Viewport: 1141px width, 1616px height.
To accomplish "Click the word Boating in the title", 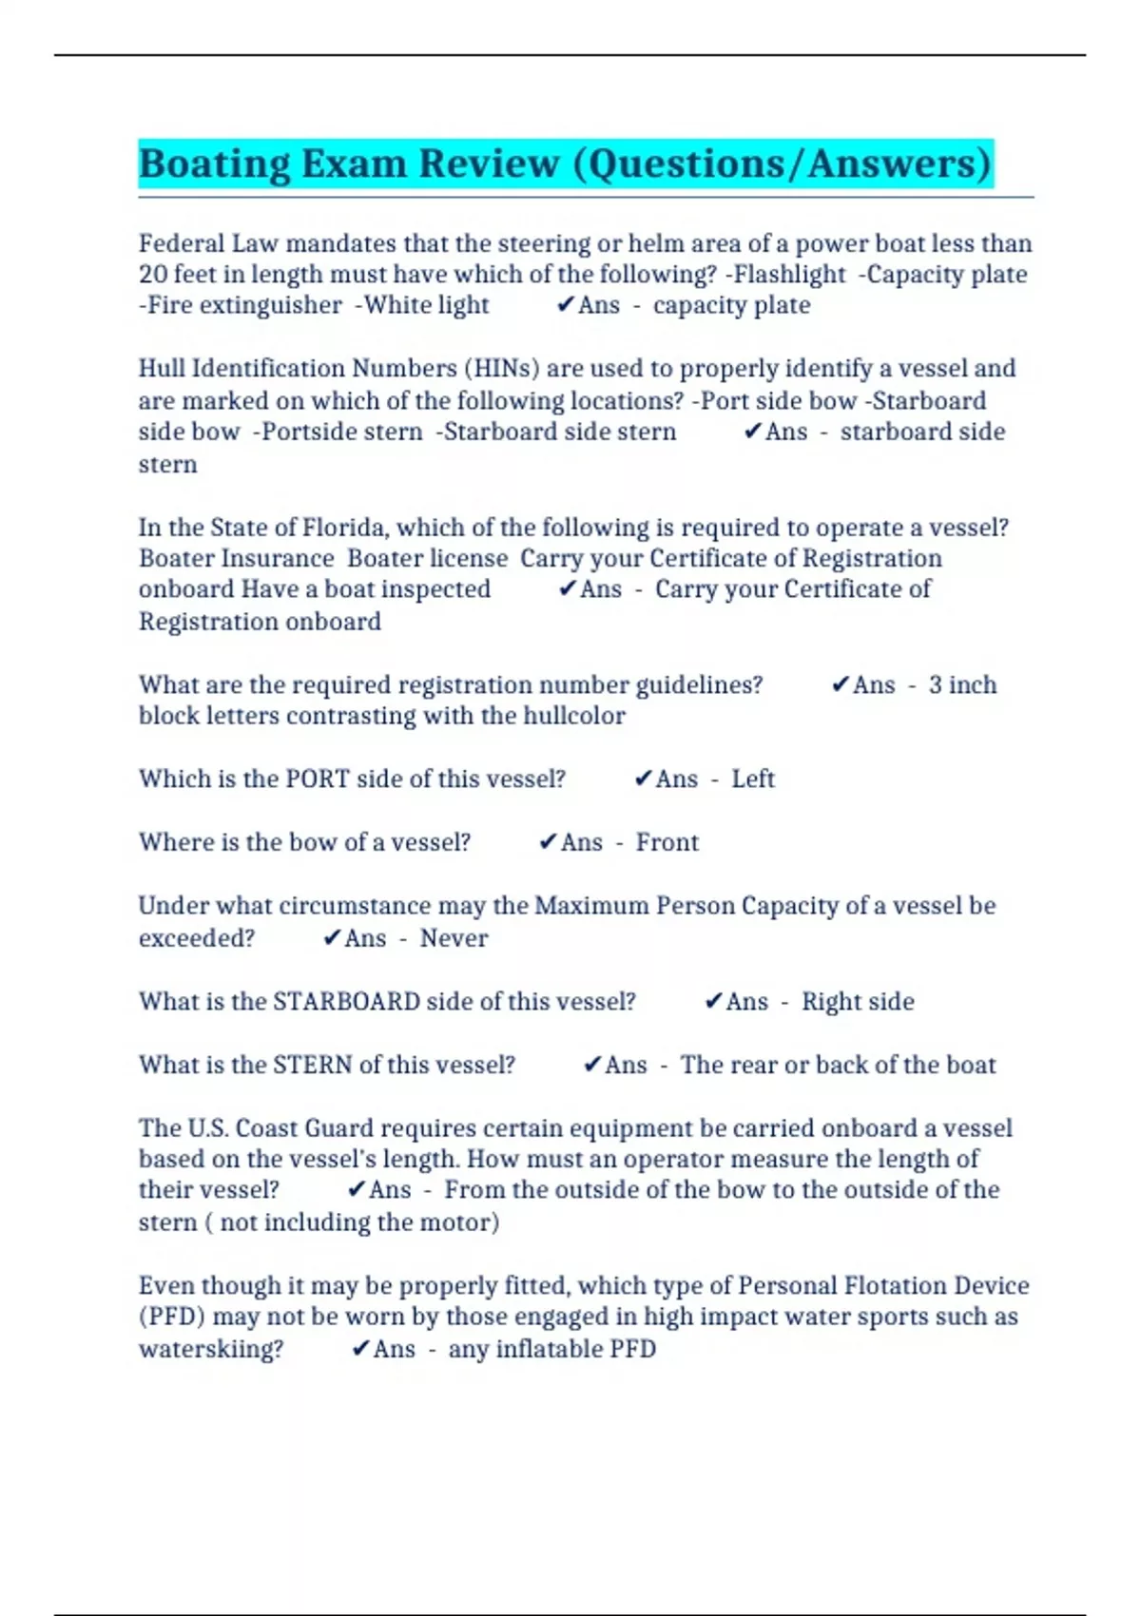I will coord(214,164).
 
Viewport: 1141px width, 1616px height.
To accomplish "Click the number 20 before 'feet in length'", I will coord(153,275).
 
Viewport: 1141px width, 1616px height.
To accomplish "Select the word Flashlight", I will coord(784,275).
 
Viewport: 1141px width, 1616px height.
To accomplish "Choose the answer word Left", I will coord(753,779).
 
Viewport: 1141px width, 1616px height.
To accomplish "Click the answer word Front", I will coord(667,842).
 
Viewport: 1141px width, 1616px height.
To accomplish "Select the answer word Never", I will coord(454,938).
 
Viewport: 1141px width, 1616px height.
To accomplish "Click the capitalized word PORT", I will coord(319,779).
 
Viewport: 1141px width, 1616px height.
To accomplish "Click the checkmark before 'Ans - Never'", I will coord(332,938).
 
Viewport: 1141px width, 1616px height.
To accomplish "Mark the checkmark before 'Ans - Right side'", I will coord(713,1001).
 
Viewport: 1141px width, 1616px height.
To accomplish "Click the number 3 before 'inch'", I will coord(936,685).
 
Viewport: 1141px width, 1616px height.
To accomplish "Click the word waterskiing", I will coord(210,1350).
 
